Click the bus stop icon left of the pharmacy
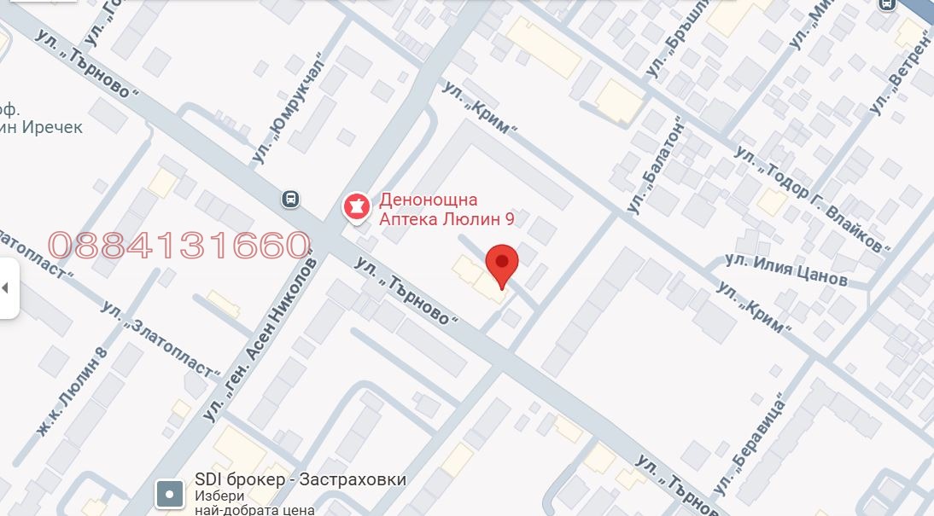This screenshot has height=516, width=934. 291,200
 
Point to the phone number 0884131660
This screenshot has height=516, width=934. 178,246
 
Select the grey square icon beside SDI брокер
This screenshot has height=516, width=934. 169,493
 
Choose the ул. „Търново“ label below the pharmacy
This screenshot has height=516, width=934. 406,289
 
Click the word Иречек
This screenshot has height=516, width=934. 53,127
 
